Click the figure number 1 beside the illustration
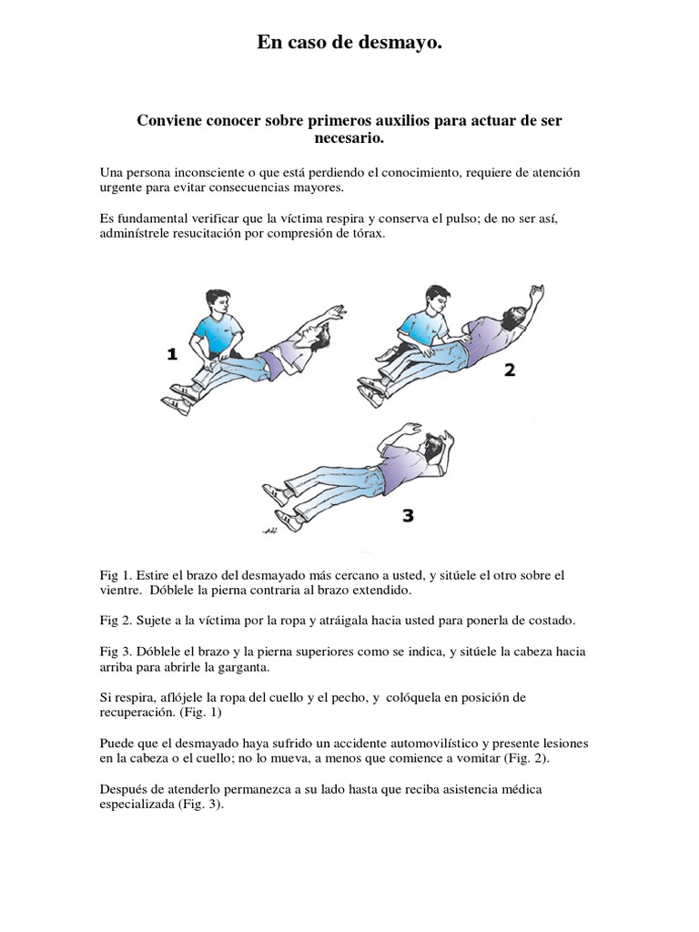click(x=172, y=354)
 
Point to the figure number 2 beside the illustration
click(x=510, y=370)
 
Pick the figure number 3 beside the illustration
click(x=408, y=515)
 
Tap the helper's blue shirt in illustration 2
click(x=424, y=328)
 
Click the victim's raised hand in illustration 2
click(x=537, y=292)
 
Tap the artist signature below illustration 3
click(x=269, y=530)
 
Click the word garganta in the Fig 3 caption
click(x=246, y=667)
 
